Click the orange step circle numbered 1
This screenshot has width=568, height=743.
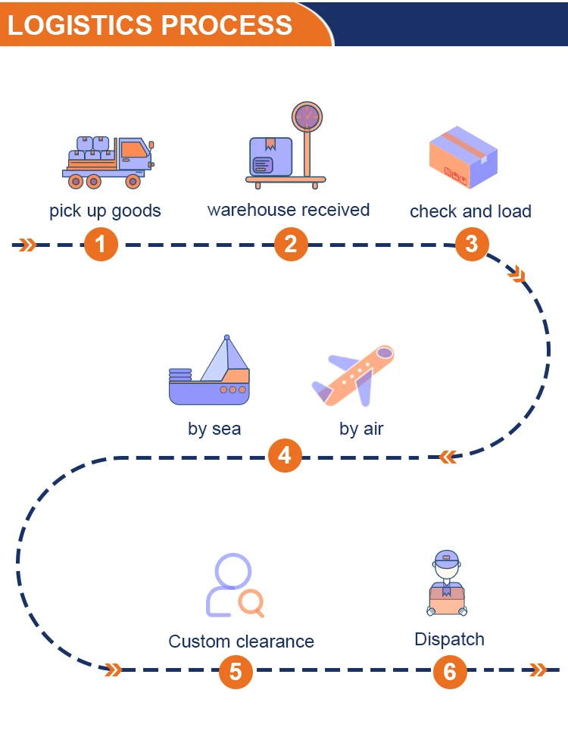[101, 245]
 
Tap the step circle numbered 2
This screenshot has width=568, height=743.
[291, 245]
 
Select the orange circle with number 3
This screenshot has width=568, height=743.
[472, 244]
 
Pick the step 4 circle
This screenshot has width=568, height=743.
[285, 456]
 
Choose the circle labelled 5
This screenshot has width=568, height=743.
[236, 672]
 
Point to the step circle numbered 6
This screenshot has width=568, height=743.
[450, 672]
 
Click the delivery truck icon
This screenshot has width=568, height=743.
[108, 161]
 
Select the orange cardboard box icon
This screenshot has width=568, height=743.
[463, 158]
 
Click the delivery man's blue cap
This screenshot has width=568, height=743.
[447, 559]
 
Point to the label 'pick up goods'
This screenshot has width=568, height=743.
[105, 211]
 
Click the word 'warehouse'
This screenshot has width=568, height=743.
[251, 210]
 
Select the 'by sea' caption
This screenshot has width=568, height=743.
[214, 429]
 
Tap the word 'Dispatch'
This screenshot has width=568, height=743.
[449, 639]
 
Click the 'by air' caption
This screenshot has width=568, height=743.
[361, 429]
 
